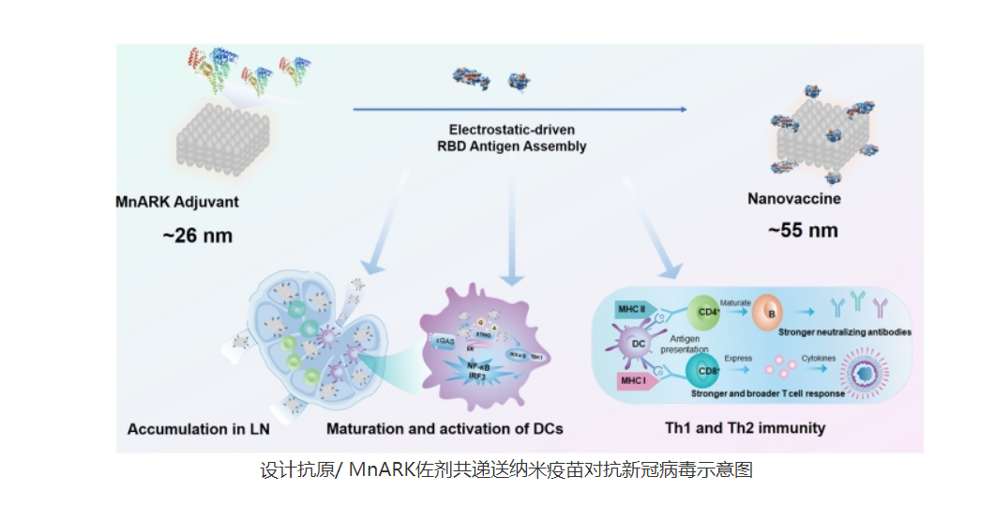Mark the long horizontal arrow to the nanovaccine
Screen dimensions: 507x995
(x=520, y=110)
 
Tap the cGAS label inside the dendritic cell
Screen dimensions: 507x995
(x=445, y=342)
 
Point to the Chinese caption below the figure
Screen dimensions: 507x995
(x=506, y=470)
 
